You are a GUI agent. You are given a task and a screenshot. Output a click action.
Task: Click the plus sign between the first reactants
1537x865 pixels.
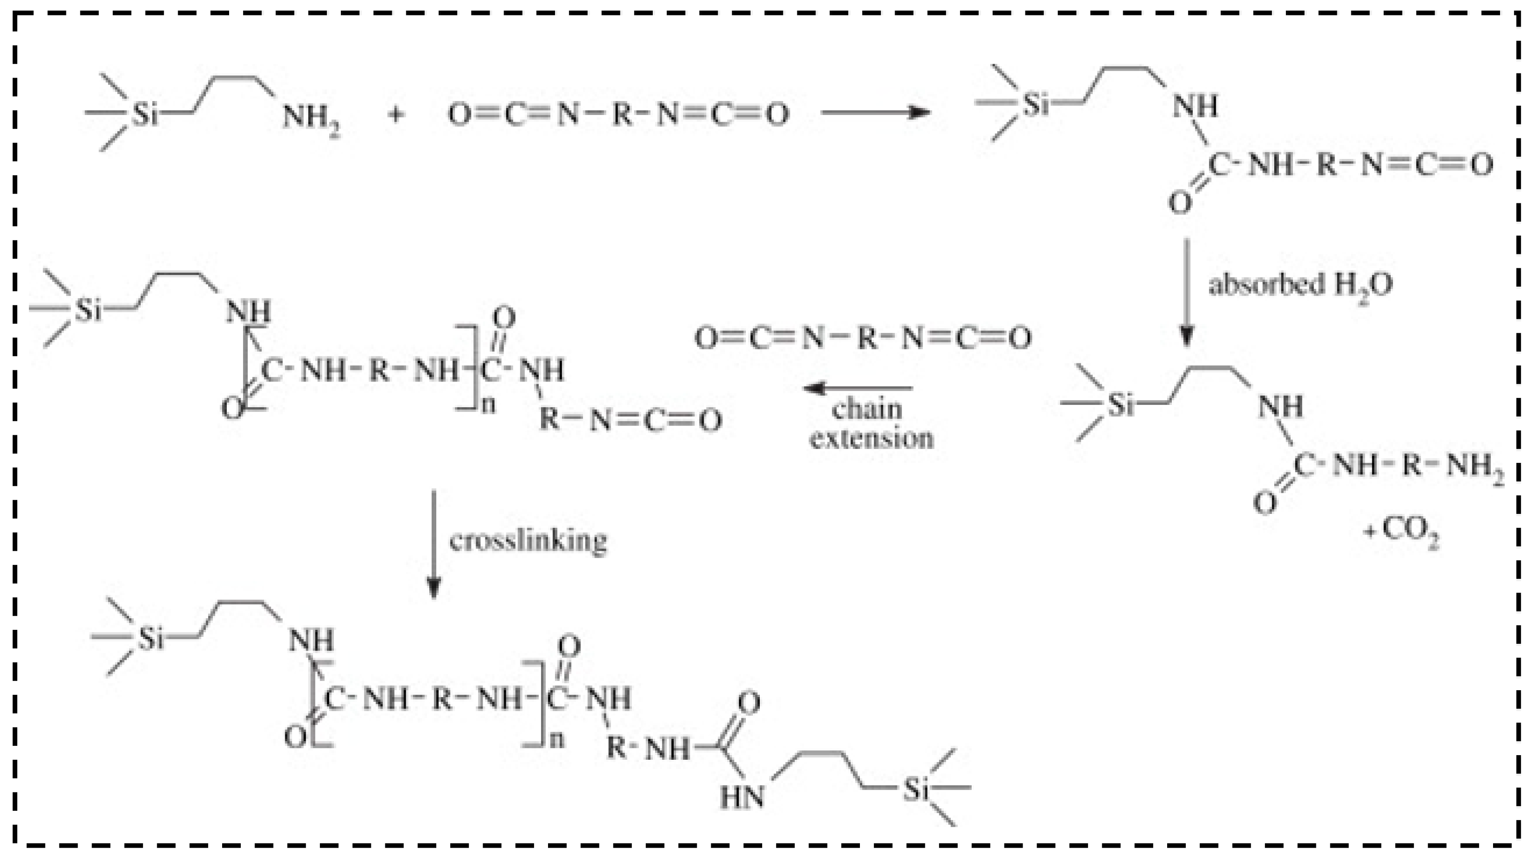click(395, 115)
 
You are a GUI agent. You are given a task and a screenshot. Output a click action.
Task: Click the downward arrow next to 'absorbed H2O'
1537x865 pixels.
click(1186, 292)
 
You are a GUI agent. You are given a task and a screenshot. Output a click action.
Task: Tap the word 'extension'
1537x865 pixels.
click(872, 439)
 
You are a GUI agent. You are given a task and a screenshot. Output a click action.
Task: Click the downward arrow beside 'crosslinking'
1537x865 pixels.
click(434, 543)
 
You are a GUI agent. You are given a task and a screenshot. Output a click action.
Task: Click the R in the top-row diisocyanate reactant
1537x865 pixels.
click(622, 114)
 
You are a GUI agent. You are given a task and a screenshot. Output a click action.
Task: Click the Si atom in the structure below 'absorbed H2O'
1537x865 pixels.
click(1120, 405)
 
